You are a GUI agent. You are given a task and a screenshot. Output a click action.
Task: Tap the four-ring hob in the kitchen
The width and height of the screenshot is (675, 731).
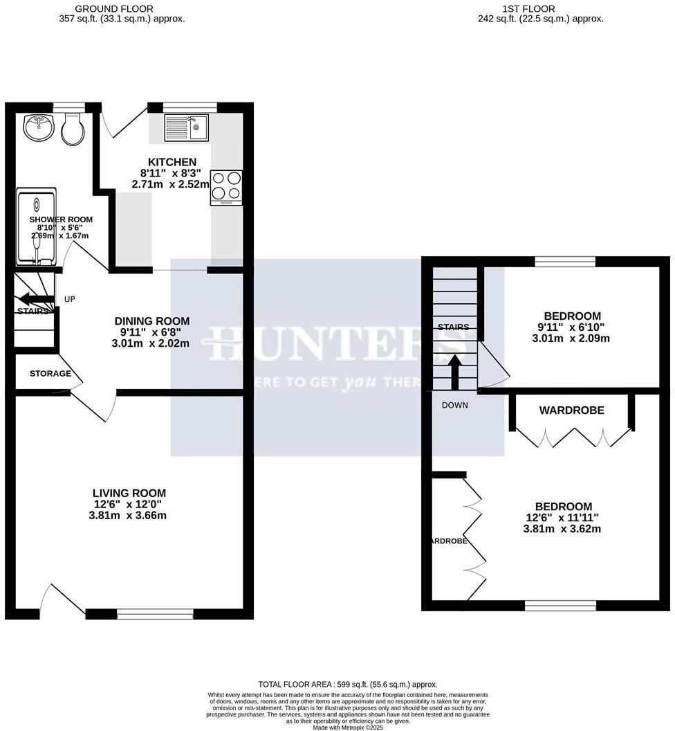click(x=226, y=186)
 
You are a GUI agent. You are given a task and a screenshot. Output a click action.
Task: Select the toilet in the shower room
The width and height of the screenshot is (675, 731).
click(x=73, y=129)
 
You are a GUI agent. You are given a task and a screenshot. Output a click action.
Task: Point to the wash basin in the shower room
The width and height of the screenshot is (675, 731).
click(x=39, y=127)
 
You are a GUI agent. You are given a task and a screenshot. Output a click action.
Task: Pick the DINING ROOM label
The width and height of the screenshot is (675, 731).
click(x=151, y=321)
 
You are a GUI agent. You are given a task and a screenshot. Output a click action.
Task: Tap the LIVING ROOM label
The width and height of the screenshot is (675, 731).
click(x=129, y=493)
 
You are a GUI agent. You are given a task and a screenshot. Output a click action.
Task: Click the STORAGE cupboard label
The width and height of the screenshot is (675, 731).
click(x=50, y=374)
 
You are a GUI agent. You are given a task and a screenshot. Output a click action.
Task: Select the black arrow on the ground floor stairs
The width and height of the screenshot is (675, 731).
click(x=36, y=299)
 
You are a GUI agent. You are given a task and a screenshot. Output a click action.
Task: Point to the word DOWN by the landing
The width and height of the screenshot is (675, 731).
click(x=455, y=406)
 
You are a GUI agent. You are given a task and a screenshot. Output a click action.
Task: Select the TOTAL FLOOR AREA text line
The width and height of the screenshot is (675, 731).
click(x=348, y=684)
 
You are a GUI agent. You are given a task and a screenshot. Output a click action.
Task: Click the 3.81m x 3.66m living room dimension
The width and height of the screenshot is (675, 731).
click(x=129, y=516)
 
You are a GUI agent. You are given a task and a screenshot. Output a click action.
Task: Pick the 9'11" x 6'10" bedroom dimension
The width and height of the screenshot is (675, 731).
click(x=572, y=327)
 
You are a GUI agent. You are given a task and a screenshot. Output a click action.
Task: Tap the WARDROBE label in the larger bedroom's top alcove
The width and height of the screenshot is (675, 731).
click(x=572, y=410)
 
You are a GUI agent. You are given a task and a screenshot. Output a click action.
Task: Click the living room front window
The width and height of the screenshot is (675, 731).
click(x=155, y=613)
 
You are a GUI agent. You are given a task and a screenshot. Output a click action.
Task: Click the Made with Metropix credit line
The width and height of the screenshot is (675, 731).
click(x=348, y=728)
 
